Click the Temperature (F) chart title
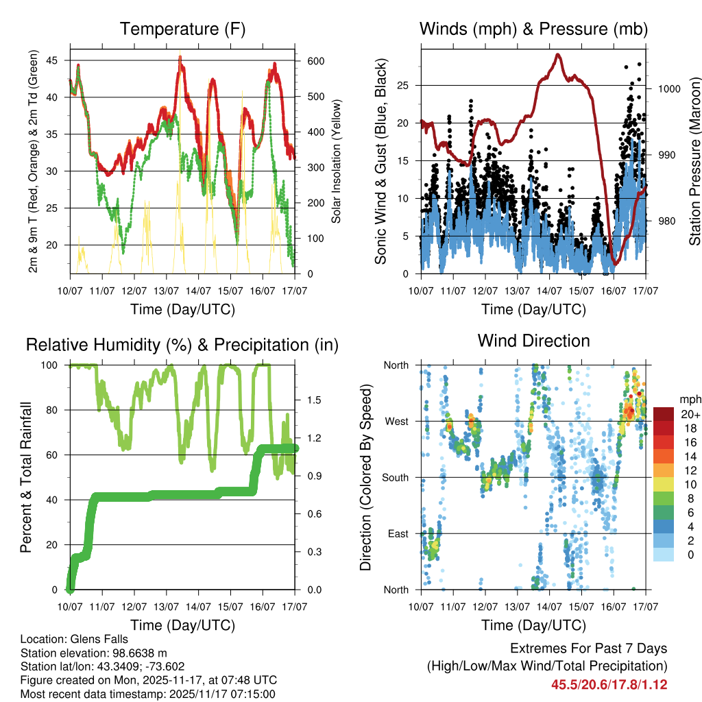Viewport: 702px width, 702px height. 182,29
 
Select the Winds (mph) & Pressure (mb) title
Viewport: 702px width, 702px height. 533,29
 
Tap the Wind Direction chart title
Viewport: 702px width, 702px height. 533,341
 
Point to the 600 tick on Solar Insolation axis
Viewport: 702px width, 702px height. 315,61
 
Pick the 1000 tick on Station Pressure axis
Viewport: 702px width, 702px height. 667,89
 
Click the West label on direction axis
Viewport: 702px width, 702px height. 397,421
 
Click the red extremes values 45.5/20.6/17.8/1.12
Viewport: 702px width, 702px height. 609,684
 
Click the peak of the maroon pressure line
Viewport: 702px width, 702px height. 558,54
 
